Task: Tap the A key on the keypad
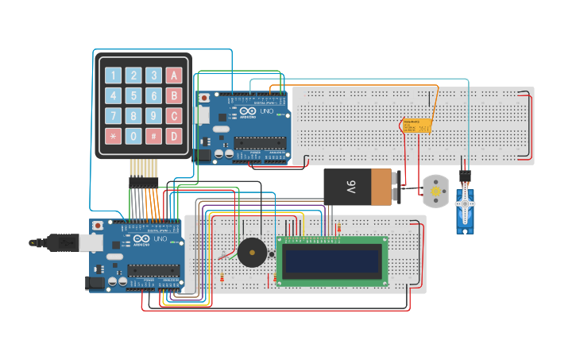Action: (x=174, y=75)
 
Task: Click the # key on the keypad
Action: (x=154, y=136)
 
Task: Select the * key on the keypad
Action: (x=114, y=136)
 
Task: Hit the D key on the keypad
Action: (x=174, y=136)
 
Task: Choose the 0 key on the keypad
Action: (x=133, y=136)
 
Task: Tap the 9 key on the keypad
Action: (x=154, y=116)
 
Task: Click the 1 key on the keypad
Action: (x=114, y=75)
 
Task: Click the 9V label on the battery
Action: (x=351, y=188)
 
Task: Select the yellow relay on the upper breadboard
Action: (x=416, y=126)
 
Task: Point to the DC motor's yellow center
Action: (x=435, y=190)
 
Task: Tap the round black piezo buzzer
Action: (x=253, y=254)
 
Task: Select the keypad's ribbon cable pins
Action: (x=144, y=168)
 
